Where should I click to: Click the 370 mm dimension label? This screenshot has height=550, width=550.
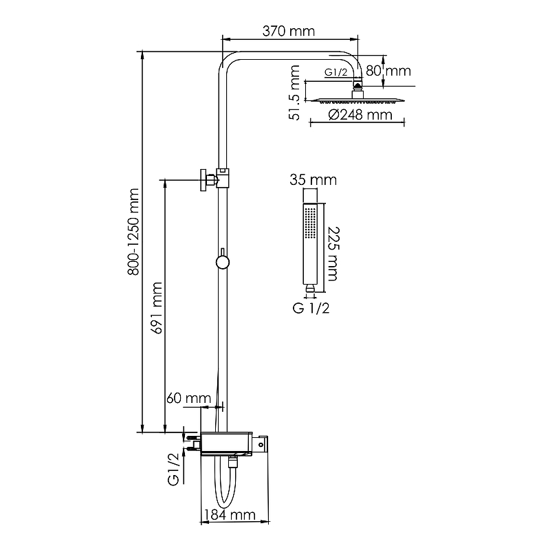pyautogui.click(x=288, y=31)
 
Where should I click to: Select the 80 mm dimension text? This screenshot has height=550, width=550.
pyautogui.click(x=388, y=71)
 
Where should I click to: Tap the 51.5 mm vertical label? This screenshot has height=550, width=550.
pyautogui.click(x=295, y=93)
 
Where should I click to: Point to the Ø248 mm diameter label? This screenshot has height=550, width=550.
pyautogui.click(x=360, y=115)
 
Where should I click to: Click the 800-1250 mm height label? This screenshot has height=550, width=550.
pyautogui.click(x=133, y=232)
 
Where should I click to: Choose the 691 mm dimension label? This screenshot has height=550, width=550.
pyautogui.click(x=157, y=308)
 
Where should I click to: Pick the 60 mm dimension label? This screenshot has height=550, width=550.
pyautogui.click(x=188, y=398)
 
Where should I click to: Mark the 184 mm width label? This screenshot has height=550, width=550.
pyautogui.click(x=230, y=515)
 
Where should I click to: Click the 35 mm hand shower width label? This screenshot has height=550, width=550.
pyautogui.click(x=313, y=180)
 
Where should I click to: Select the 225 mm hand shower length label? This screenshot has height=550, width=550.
pyautogui.click(x=333, y=254)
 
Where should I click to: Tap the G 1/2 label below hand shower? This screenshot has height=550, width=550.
pyautogui.click(x=311, y=308)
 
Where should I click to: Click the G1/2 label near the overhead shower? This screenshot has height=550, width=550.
pyautogui.click(x=335, y=72)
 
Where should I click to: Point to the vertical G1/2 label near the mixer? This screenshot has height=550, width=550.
pyautogui.click(x=173, y=470)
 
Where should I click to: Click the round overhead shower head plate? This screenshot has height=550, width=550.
pyautogui.click(x=357, y=100)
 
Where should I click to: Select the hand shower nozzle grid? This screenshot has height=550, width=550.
pyautogui.click(x=310, y=223)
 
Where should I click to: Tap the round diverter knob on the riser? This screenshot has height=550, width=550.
pyautogui.click(x=222, y=262)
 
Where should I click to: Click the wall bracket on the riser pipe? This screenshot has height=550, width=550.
pyautogui.click(x=214, y=179)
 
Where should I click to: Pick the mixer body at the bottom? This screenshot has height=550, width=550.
pyautogui.click(x=226, y=444)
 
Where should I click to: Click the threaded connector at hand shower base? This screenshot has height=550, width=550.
pyautogui.click(x=310, y=288)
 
